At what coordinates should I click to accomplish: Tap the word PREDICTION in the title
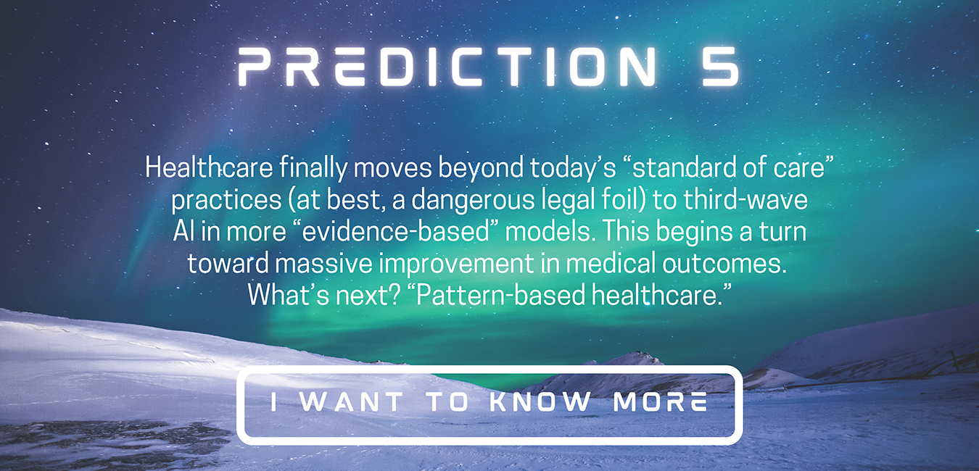pyautogui.click(x=447, y=67)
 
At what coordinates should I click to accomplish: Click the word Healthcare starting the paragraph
pyautogui.click(x=209, y=167)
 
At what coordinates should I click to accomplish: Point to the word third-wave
pyautogui.click(x=745, y=200)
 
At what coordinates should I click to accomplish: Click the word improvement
pyautogui.click(x=456, y=264)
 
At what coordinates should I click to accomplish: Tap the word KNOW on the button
pyautogui.click(x=540, y=401)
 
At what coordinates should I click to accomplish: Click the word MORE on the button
pyautogui.click(x=660, y=401)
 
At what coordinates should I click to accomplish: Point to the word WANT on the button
pyautogui.click(x=352, y=401)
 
